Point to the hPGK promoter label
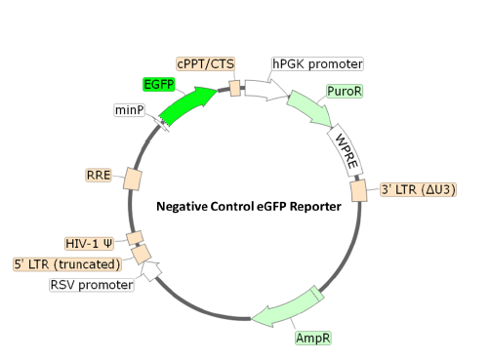(317, 64)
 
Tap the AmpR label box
(312, 339)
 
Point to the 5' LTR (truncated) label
(66, 263)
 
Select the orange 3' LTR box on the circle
(359, 188)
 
